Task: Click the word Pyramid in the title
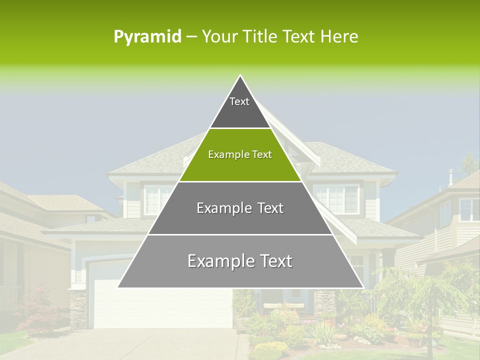[x=147, y=37]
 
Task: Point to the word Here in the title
[x=339, y=37]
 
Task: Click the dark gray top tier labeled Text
[x=239, y=107]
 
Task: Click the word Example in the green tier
[x=223, y=155]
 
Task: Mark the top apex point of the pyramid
[x=240, y=75]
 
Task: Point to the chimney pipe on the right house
[x=450, y=176]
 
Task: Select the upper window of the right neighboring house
[x=469, y=209]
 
